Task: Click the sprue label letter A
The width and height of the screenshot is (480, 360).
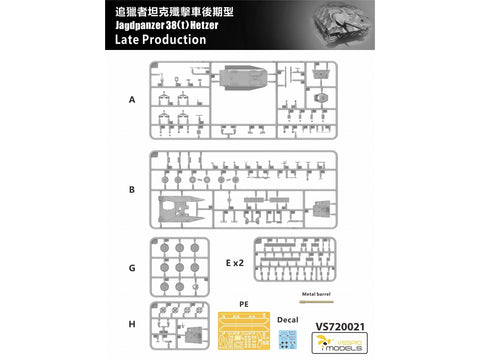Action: coord(132,101)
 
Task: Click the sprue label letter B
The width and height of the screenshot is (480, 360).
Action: coord(132,188)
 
